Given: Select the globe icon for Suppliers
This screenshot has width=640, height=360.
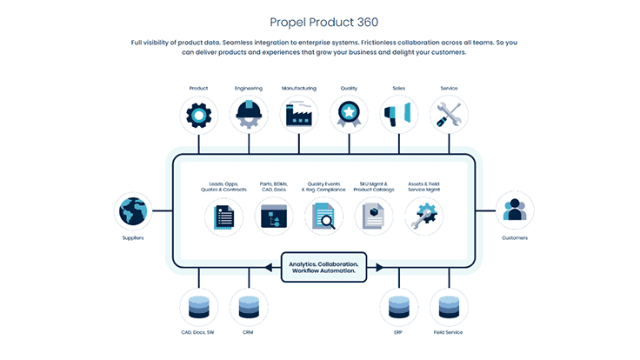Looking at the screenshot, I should [133, 211].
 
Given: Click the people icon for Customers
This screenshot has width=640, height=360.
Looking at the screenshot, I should [515, 211].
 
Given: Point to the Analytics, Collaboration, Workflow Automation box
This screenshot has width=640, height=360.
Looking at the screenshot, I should [323, 267].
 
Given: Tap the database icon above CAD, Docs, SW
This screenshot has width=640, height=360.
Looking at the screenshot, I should [198, 307].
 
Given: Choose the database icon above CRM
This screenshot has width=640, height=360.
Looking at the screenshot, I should [249, 307].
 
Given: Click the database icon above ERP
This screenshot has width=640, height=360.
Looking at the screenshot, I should [399, 307].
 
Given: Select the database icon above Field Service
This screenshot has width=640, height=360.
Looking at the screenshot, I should [449, 307].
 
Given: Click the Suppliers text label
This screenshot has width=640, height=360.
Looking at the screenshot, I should [133, 237].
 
